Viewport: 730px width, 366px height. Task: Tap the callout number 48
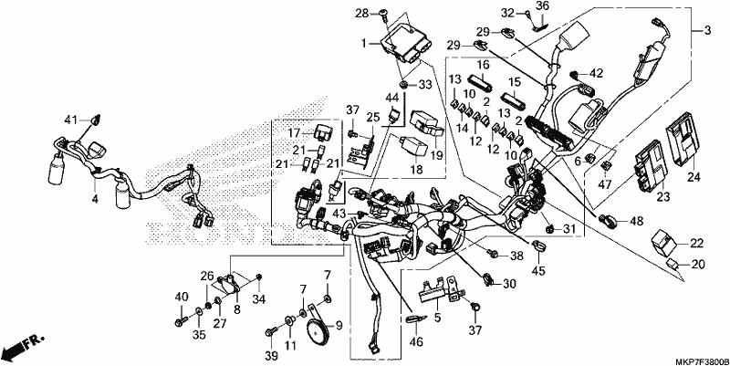tap(636, 222)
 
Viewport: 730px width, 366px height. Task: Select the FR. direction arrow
tap(22, 345)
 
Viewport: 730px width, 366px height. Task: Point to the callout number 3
tap(708, 31)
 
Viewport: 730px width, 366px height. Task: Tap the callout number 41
tap(70, 120)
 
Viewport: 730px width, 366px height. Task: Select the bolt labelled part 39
tap(270, 332)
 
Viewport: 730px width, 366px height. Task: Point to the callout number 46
tap(416, 342)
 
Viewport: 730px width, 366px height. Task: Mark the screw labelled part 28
tap(385, 14)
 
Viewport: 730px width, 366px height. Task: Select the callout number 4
tap(95, 199)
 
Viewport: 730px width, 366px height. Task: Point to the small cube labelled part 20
tap(674, 264)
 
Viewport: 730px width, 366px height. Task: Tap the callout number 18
tap(417, 170)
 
